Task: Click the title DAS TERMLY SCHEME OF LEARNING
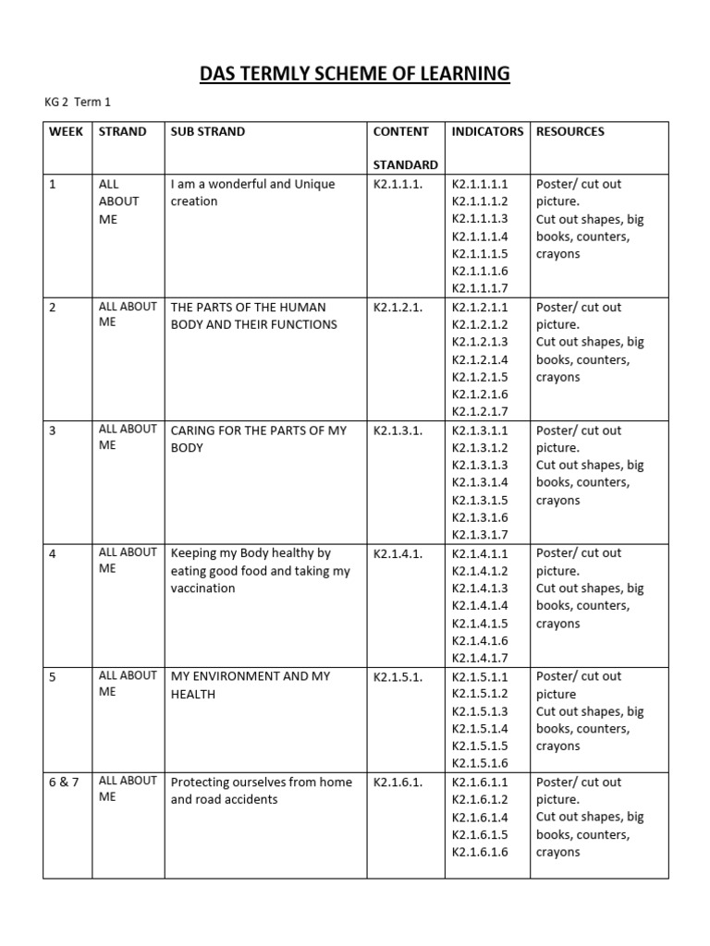pos(355,73)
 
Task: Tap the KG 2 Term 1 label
pos(77,102)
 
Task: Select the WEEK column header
pos(67,131)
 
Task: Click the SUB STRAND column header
pos(208,131)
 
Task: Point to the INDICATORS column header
pos(487,131)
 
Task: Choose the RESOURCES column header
pos(570,131)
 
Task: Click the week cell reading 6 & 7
pos(65,782)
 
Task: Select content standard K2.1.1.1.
pos(398,184)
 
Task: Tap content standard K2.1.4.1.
pos(398,553)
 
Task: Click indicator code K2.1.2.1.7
pos(480,412)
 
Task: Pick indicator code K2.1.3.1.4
pos(480,482)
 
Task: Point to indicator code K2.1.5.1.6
pos(480,763)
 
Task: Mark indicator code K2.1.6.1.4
pos(480,817)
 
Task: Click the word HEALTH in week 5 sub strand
pos(192,694)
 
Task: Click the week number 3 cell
pos(53,431)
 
